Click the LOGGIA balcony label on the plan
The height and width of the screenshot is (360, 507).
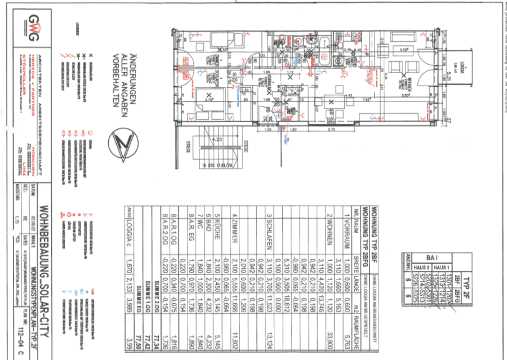point(444,61)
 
